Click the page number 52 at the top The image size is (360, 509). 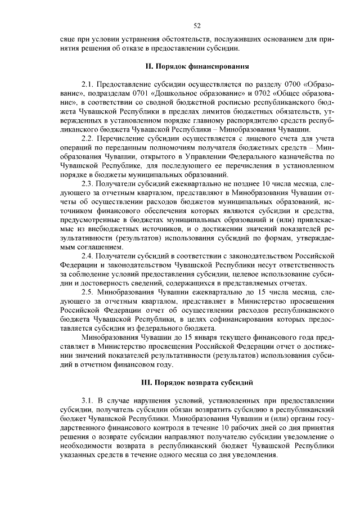(x=197, y=25)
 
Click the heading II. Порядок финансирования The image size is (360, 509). (x=197, y=66)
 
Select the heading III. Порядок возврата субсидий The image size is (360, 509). (x=197, y=382)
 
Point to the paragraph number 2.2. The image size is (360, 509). (x=87, y=138)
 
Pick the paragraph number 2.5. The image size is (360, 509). (x=87, y=293)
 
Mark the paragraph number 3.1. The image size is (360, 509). (x=87, y=400)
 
